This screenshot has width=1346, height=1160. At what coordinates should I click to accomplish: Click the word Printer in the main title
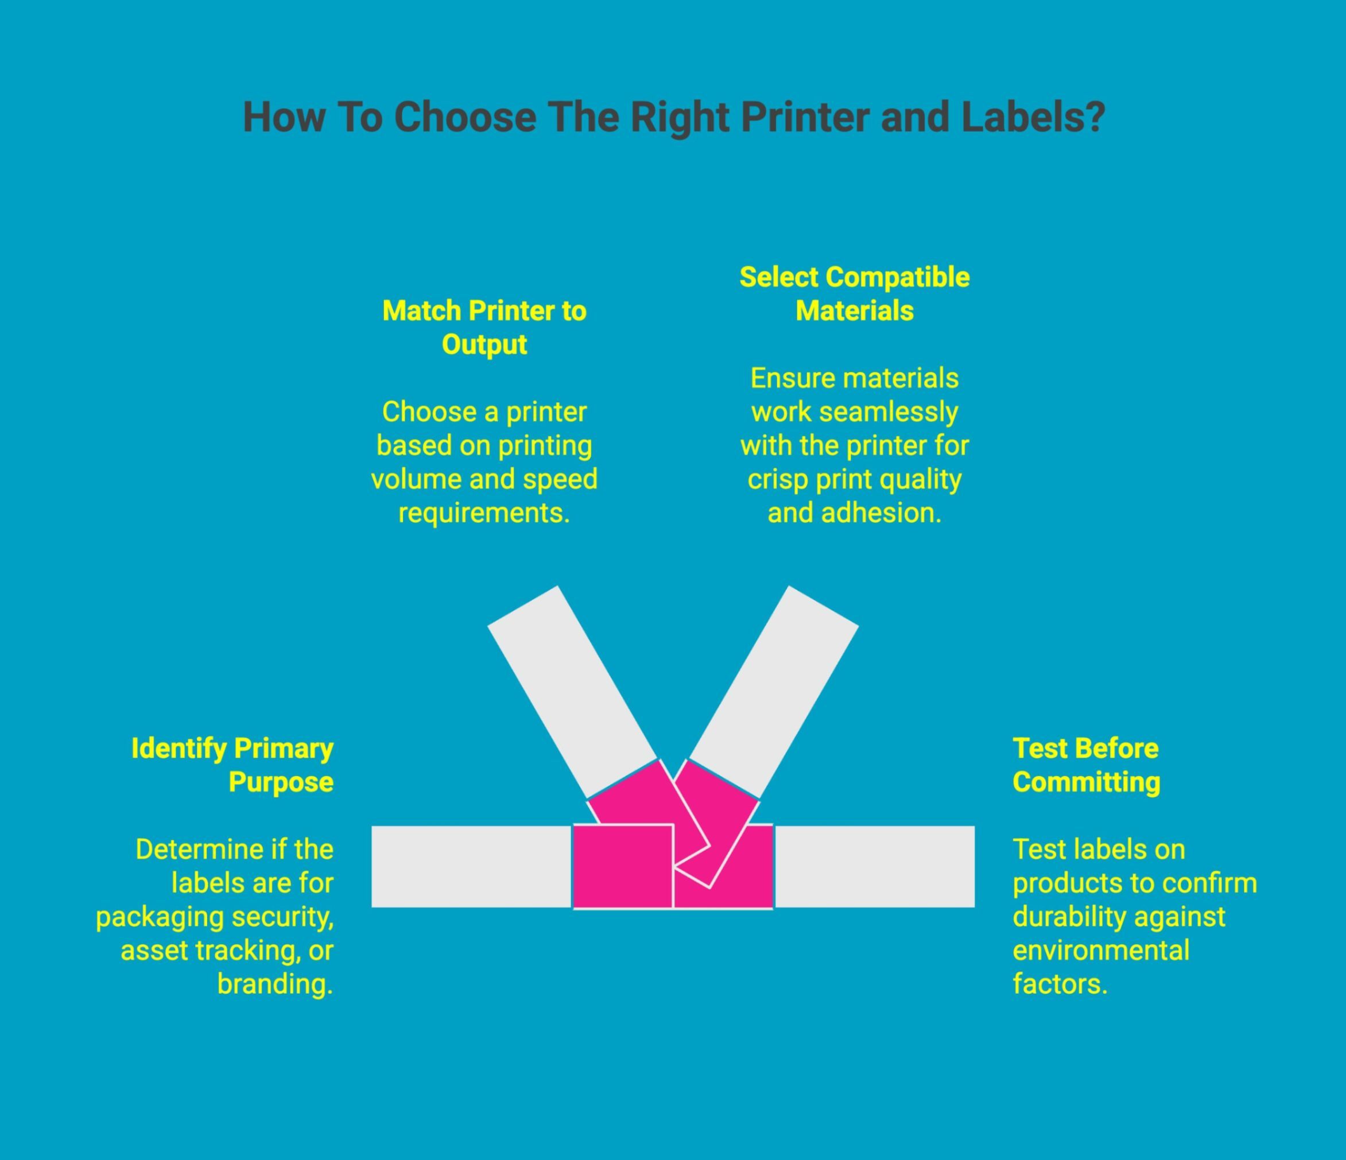[804, 118]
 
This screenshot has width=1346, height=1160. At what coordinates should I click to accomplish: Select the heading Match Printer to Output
[484, 327]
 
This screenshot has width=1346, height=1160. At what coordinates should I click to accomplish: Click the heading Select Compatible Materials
[854, 293]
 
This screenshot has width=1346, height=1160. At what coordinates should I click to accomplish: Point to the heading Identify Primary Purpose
[232, 765]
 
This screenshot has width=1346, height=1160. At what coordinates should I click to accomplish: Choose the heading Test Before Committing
[1086, 765]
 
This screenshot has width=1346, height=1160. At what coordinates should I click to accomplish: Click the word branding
[275, 984]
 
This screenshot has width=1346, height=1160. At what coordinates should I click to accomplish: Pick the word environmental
[1100, 950]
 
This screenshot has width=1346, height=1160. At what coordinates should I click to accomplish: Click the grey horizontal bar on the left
[471, 867]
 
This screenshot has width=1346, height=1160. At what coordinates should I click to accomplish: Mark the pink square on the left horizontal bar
[622, 867]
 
